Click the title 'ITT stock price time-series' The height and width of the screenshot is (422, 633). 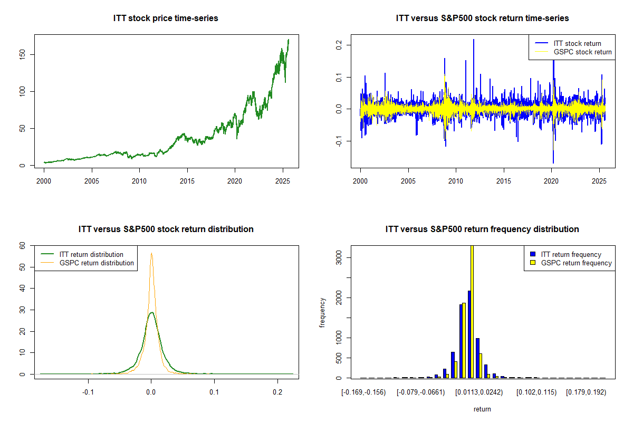coord(166,18)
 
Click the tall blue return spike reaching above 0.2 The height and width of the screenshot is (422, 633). coord(473,42)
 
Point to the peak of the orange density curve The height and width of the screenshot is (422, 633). coord(151,253)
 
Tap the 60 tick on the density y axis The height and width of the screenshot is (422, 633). coord(23,245)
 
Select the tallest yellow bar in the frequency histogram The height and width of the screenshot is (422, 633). coord(472,311)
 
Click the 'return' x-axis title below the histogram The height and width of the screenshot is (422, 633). coord(482,409)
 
